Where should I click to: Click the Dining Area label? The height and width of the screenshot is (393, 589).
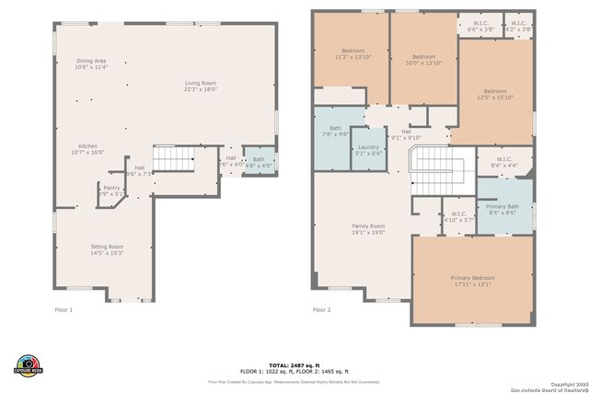click(x=91, y=64)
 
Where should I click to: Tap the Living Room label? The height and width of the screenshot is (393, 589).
click(x=199, y=87)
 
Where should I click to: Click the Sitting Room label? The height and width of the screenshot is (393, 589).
click(x=107, y=249)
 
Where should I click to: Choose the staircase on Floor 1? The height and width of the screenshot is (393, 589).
click(x=174, y=159)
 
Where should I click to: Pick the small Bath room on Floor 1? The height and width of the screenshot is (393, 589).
click(x=259, y=162)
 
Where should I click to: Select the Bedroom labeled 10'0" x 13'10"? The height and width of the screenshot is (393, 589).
click(x=424, y=59)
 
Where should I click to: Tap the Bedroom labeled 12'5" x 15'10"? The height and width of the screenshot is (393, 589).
click(x=495, y=95)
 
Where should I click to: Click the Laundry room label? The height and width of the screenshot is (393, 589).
click(x=368, y=150)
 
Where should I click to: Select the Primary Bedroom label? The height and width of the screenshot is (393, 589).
click(x=472, y=281)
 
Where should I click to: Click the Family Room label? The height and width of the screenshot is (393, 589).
click(x=368, y=229)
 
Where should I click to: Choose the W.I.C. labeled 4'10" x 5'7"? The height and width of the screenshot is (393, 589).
click(x=458, y=217)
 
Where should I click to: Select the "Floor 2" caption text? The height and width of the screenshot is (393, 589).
click(x=321, y=309)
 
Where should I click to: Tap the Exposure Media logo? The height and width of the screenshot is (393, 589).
click(x=29, y=364)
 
